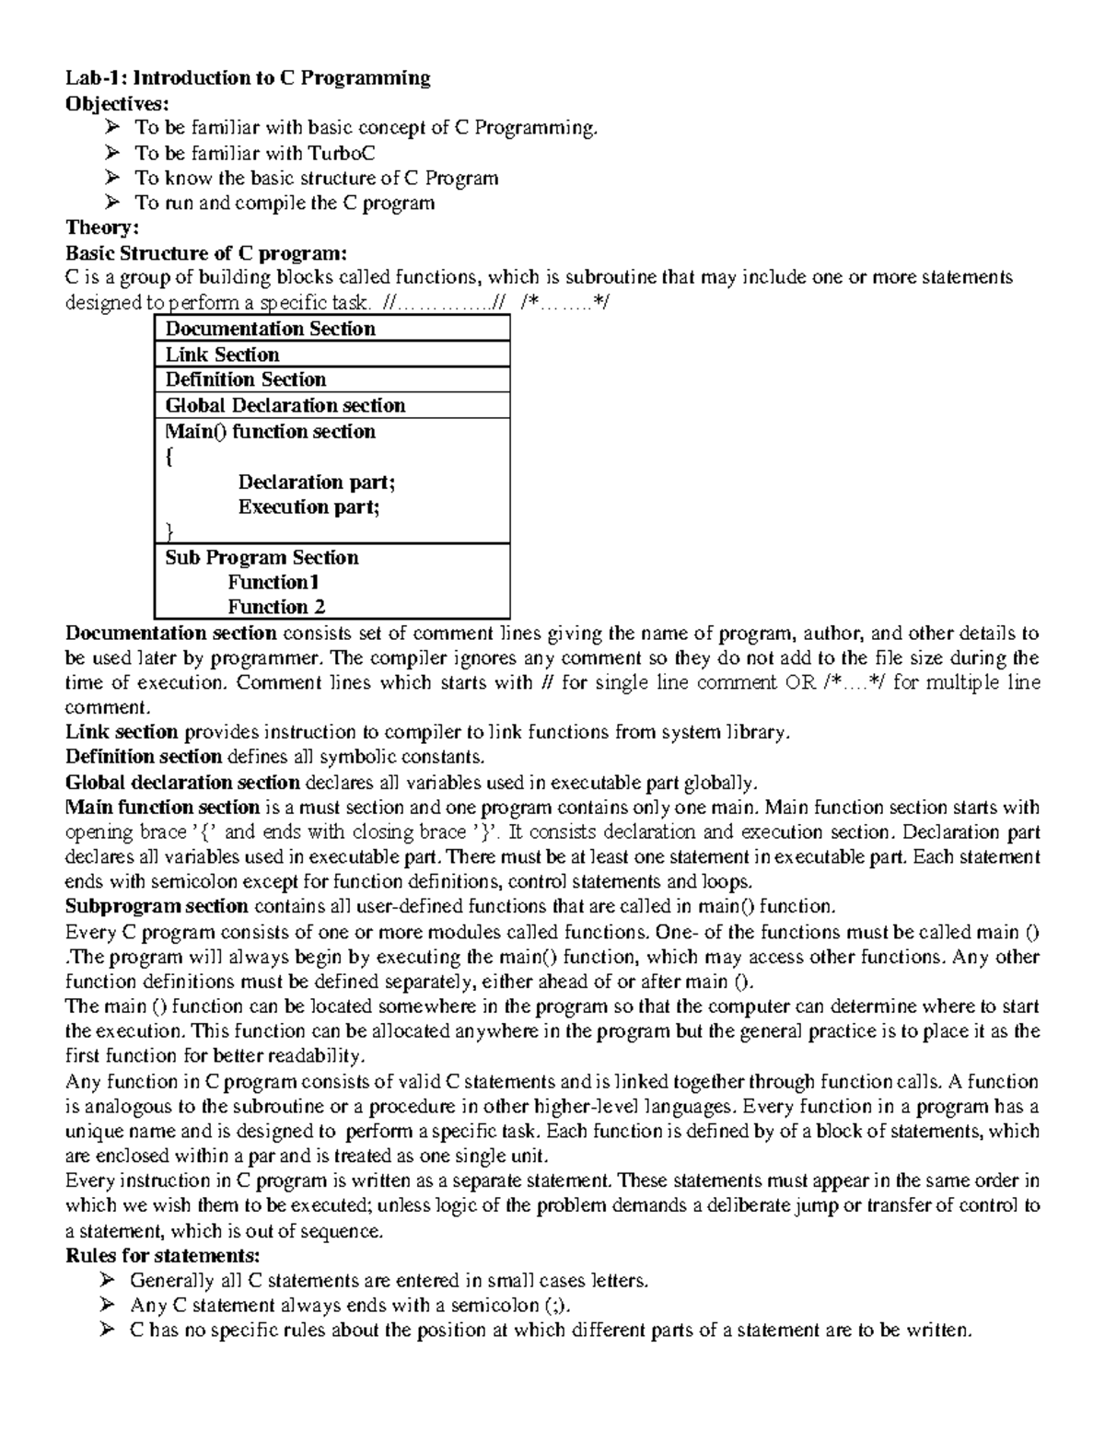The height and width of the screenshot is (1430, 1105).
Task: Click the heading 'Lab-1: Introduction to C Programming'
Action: click(x=248, y=78)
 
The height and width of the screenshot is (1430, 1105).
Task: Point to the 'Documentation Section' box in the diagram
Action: click(x=331, y=329)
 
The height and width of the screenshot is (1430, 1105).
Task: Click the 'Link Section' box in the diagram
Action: click(x=331, y=355)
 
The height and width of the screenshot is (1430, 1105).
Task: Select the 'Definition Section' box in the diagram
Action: click(x=331, y=379)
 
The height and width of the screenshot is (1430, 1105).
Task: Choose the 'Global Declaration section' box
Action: click(x=331, y=405)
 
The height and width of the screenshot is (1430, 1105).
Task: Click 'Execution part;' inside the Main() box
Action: click(x=308, y=506)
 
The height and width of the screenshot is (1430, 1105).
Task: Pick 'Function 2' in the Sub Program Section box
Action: click(x=276, y=607)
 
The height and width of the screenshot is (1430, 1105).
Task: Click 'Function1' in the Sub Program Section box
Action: click(x=273, y=582)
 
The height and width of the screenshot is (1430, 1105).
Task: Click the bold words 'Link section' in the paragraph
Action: click(x=122, y=733)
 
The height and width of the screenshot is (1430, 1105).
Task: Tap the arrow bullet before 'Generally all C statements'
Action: click(x=107, y=1281)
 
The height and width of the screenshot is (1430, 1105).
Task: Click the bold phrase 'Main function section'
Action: click(x=163, y=808)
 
